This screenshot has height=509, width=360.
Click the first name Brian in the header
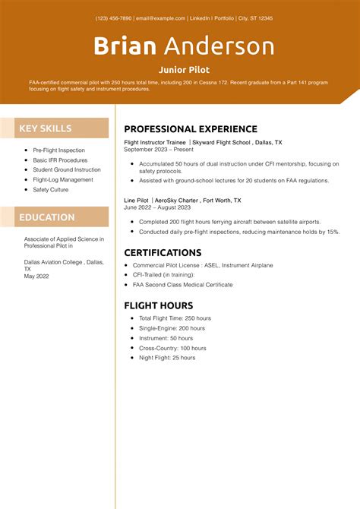(x=125, y=46)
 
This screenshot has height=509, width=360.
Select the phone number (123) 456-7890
(x=114, y=18)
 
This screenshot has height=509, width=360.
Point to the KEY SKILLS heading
(x=46, y=128)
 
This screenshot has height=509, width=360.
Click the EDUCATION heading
(x=47, y=217)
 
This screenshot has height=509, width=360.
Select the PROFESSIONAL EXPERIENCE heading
(x=191, y=129)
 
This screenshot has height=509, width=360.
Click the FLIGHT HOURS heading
(x=163, y=305)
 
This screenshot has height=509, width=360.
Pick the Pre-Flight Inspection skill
(x=59, y=150)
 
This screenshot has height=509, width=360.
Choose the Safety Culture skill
(x=51, y=190)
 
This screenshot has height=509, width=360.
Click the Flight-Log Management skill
(x=62, y=180)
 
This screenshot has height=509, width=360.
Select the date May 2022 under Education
(x=37, y=277)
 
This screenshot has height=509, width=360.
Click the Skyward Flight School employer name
(x=219, y=142)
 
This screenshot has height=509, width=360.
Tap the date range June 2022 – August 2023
(x=157, y=207)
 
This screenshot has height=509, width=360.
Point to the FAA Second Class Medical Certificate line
(x=182, y=285)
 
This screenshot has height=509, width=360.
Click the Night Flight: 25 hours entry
(x=167, y=357)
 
